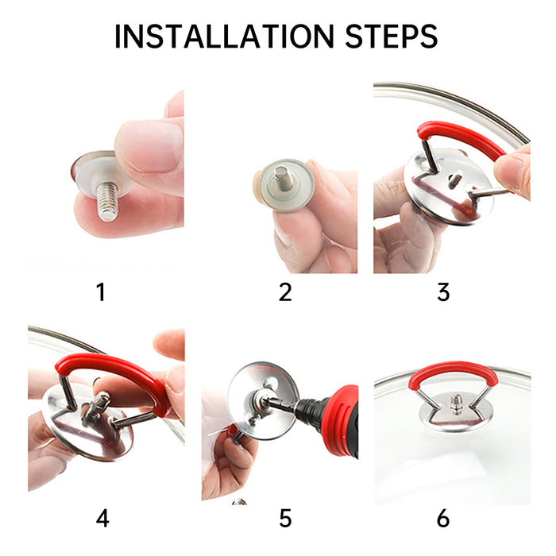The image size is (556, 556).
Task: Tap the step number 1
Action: pyautogui.click(x=100, y=292)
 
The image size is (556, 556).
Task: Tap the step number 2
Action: pyautogui.click(x=285, y=292)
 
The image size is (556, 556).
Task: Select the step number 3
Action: pyautogui.click(x=443, y=292)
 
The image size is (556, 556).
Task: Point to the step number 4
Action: pyautogui.click(x=102, y=496)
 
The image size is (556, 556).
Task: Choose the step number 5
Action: pyautogui.click(x=285, y=496)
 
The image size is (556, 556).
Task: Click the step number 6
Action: pyautogui.click(x=443, y=496)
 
